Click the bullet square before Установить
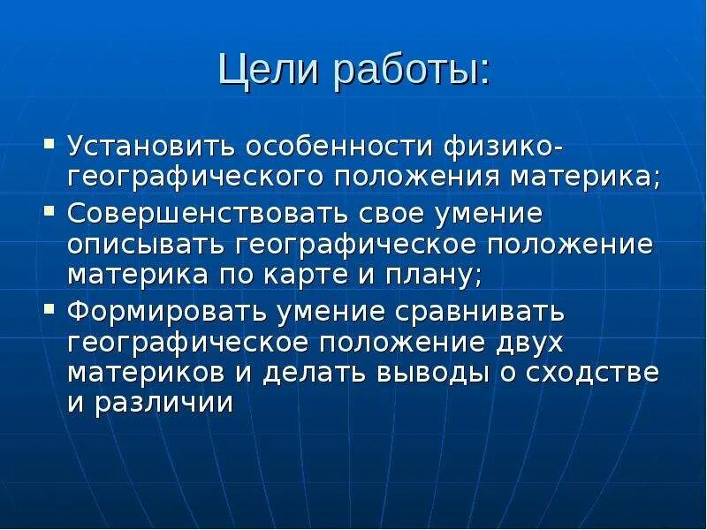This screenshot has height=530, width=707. pos(50,142)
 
